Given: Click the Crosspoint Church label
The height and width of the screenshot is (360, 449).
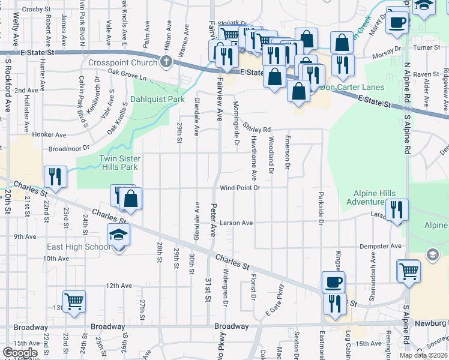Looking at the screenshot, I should [x=122, y=62].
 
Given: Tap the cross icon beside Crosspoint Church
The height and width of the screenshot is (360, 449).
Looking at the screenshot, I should [x=166, y=62].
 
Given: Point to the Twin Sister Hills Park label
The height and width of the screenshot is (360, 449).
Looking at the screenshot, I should [x=120, y=163].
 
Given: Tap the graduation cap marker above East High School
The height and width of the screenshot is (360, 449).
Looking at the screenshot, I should [x=119, y=235].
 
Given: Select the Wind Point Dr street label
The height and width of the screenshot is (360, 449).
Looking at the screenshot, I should [x=239, y=188].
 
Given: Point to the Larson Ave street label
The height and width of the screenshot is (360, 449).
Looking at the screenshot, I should [x=236, y=223].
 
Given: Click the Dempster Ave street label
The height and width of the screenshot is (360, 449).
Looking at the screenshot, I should [x=380, y=246].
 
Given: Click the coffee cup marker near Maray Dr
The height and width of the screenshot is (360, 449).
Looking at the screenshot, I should [x=397, y=22].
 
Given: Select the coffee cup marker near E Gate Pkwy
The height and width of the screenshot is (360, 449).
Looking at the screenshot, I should [x=333, y=282].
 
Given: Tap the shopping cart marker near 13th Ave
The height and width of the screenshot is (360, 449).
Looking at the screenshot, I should [x=74, y=301].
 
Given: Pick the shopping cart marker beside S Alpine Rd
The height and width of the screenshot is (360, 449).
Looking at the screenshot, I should [x=409, y=270].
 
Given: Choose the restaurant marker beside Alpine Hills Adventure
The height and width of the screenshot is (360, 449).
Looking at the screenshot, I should [x=397, y=209].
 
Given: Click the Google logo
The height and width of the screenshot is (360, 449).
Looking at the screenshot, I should [x=20, y=353].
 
